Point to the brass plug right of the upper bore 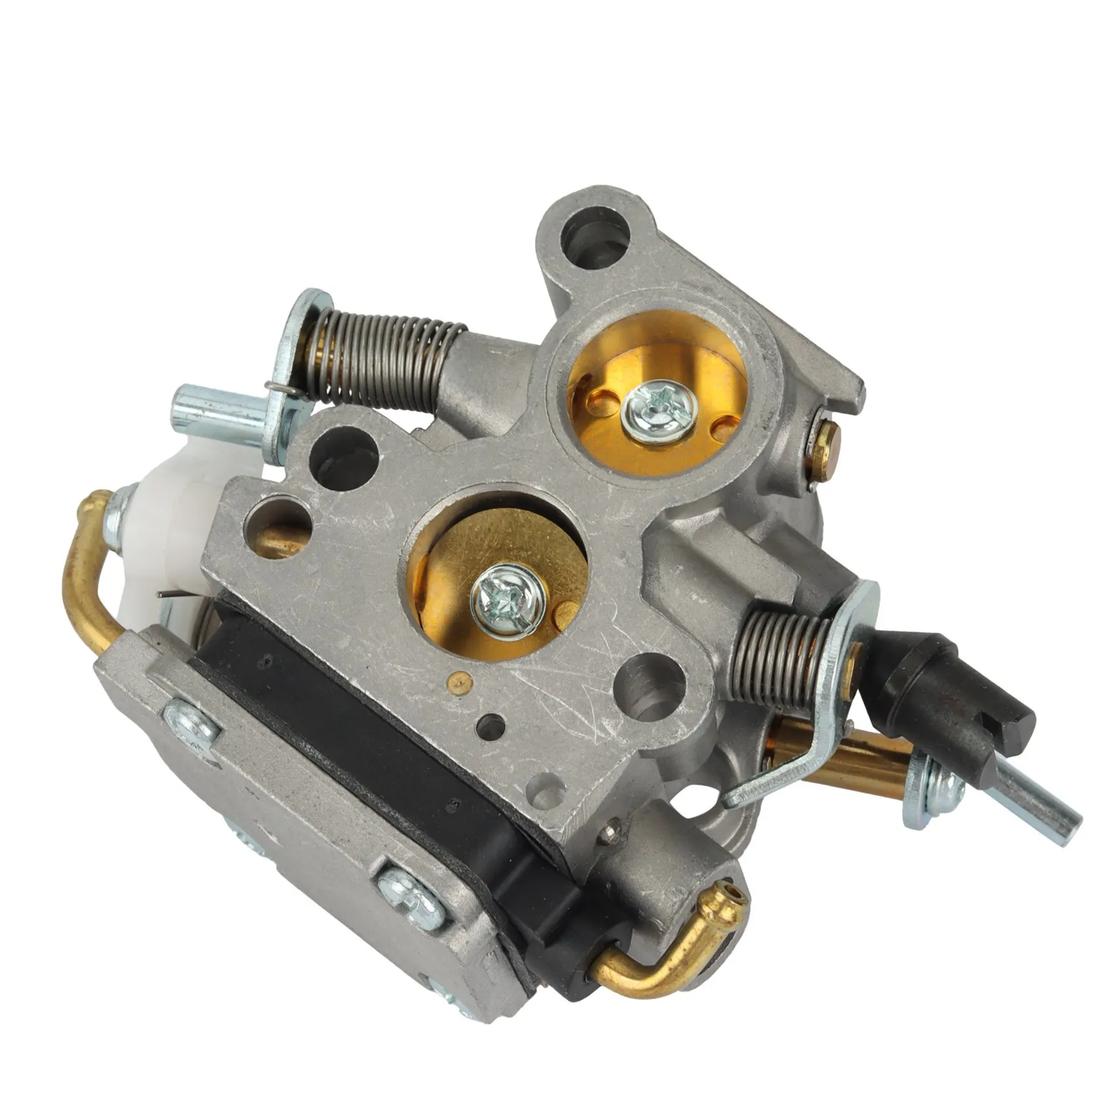(827, 448)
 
